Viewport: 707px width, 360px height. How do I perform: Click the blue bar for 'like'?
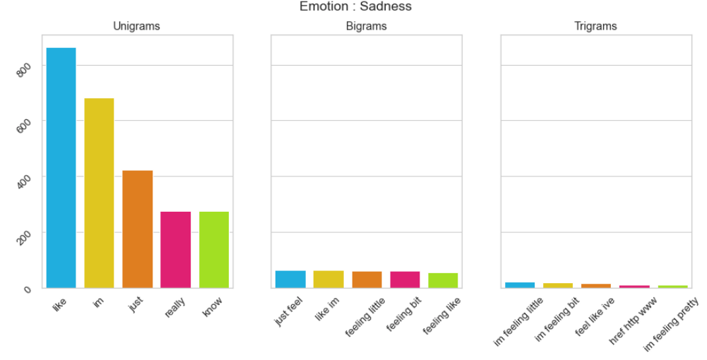(x=61, y=167)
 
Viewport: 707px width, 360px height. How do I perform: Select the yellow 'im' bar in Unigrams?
(x=99, y=193)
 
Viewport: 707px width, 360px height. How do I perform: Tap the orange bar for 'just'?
(x=138, y=229)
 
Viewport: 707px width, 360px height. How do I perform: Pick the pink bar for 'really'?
(x=175, y=250)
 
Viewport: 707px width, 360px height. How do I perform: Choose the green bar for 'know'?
(x=214, y=250)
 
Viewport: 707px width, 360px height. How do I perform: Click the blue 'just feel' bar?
(x=290, y=280)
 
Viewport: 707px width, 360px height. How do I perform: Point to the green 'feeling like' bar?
(x=443, y=280)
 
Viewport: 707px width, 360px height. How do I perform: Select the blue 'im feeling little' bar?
(x=520, y=285)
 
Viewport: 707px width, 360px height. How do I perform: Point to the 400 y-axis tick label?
(x=23, y=181)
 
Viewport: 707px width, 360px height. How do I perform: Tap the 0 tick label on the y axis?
(x=28, y=289)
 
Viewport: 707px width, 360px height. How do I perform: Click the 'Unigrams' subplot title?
(x=136, y=26)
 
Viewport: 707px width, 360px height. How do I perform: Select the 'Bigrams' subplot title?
(x=366, y=26)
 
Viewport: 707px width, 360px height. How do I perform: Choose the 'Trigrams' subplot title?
(x=595, y=26)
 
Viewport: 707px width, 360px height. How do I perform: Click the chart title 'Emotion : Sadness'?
(x=355, y=6)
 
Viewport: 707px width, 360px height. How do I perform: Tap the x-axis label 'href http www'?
(x=633, y=320)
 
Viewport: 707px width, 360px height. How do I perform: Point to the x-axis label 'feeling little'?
(x=365, y=317)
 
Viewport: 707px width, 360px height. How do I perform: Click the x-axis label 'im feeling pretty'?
(x=672, y=324)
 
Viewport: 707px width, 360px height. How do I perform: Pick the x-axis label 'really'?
(x=175, y=307)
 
